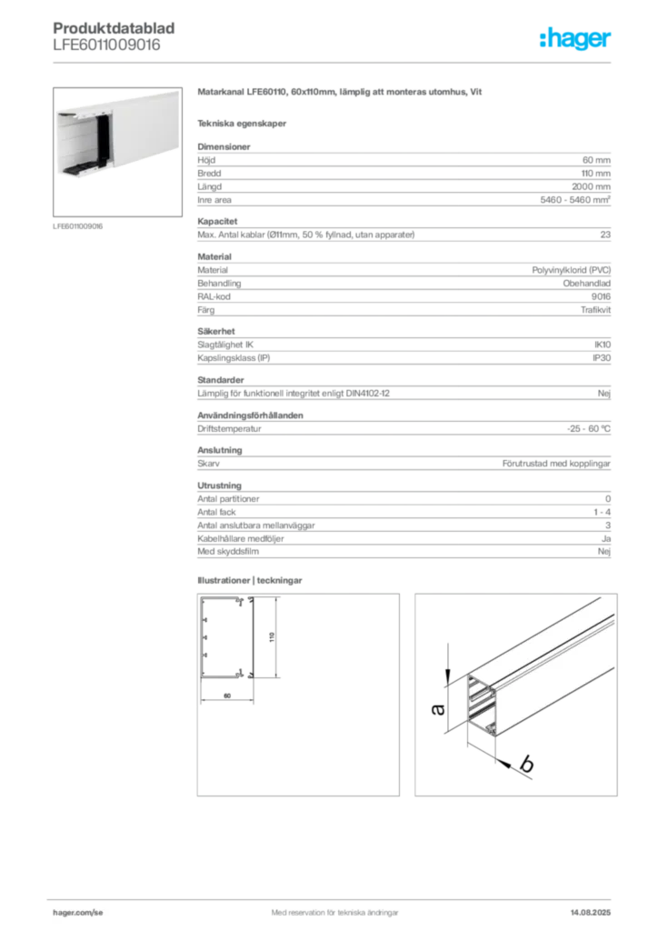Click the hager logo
point(574,38)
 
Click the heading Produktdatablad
point(114,28)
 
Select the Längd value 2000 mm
point(591,186)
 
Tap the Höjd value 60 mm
point(596,160)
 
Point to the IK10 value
point(603,345)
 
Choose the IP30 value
point(602,358)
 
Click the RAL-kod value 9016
point(601,296)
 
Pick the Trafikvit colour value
point(595,310)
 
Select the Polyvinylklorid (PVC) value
point(571,270)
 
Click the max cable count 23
point(605,235)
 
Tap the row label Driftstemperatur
point(229,429)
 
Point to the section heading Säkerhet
point(216,331)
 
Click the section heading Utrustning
point(220,486)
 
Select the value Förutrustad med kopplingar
point(556,463)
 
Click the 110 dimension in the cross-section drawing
point(272,637)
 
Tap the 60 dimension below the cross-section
point(227,696)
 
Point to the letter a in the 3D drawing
point(437,709)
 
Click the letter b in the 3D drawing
point(525,763)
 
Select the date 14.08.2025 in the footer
point(591,913)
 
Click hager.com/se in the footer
point(78,913)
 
